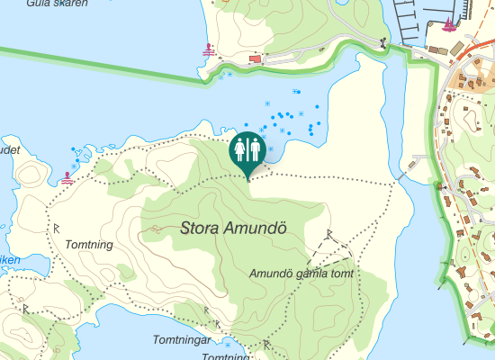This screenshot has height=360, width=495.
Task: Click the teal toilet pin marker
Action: [247, 150]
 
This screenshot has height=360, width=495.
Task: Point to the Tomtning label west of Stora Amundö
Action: [88, 244]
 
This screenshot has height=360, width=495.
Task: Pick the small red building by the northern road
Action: [254, 59]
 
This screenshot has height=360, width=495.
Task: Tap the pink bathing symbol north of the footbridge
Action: [210, 49]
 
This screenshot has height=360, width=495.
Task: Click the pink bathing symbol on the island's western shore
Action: [68, 177]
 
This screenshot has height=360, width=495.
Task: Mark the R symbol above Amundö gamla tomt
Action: [329, 234]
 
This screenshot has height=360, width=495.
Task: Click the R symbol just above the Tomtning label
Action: [56, 225]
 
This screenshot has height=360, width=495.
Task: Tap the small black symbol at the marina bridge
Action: [384, 42]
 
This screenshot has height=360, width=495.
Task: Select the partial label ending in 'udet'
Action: [9, 150]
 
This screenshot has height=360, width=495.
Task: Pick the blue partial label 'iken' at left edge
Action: [8, 260]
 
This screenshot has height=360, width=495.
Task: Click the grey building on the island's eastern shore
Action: [414, 163]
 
